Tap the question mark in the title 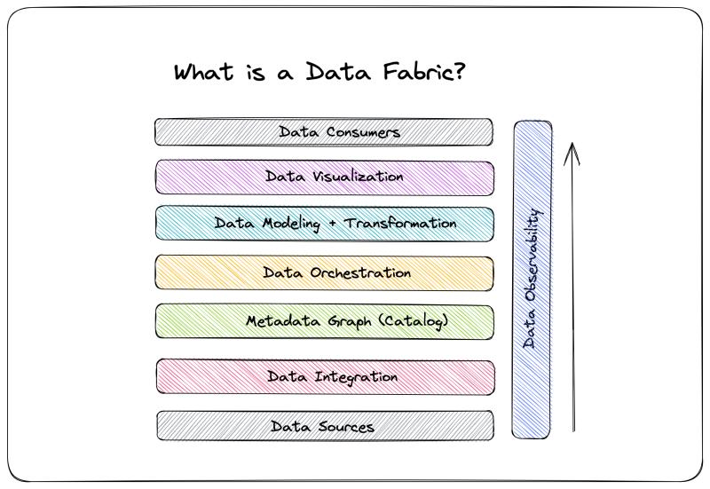[458, 72]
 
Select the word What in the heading [204, 72]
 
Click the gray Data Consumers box [324, 132]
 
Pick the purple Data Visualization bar [325, 177]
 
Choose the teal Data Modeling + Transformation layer [325, 224]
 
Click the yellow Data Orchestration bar [325, 272]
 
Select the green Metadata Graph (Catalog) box [325, 321]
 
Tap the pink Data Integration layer [326, 376]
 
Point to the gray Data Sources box [326, 426]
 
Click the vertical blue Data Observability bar [532, 280]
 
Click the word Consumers [363, 131]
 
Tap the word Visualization [358, 176]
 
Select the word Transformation [400, 223]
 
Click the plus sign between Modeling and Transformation [333, 224]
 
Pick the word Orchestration [360, 272]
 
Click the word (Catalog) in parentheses [413, 321]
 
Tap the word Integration [357, 377]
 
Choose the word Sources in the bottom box [346, 427]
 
